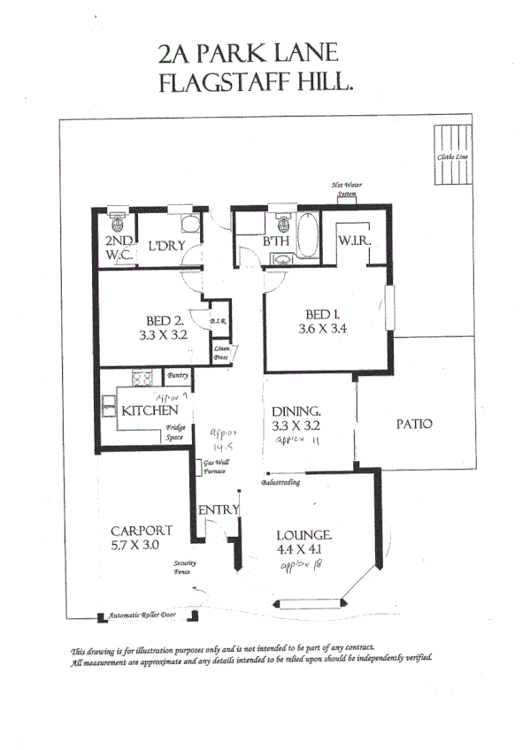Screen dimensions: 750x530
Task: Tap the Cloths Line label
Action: tap(452, 157)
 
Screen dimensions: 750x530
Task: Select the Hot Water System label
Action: tap(346, 189)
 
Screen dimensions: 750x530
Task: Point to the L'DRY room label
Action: tap(165, 245)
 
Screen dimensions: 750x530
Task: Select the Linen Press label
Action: tap(222, 354)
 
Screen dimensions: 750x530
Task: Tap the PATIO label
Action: tap(413, 424)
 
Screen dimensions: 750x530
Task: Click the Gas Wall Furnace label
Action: tap(217, 468)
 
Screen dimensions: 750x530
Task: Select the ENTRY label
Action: tap(218, 509)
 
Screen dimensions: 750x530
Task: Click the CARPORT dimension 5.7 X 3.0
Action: tap(134, 545)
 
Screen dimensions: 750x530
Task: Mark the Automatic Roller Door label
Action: tap(142, 615)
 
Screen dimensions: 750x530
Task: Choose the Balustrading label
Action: tap(280, 483)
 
